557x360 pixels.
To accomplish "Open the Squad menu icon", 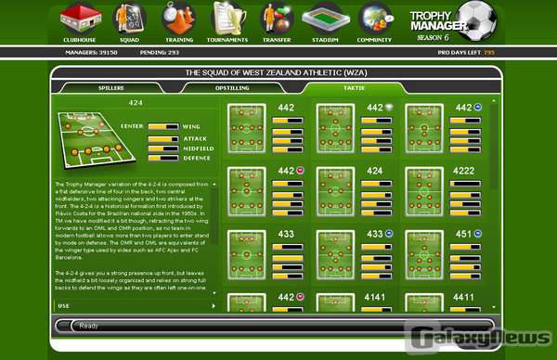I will coord(128,18).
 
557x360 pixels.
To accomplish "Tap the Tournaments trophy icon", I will coord(227,18).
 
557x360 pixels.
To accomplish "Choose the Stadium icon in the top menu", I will coord(325,18).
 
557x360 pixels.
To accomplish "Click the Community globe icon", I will coord(375,18).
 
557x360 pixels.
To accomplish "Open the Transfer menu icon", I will coord(276,18).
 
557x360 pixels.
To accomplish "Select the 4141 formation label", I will coord(377,298).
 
